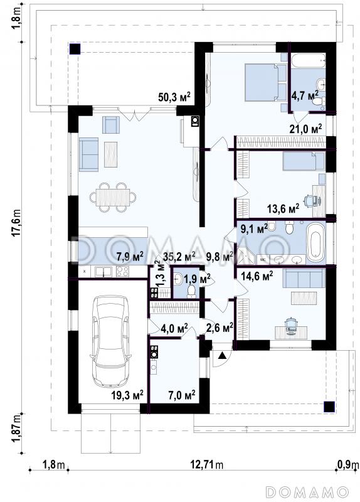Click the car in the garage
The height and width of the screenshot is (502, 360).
coord(110,341)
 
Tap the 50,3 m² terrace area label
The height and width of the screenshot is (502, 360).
coord(174,97)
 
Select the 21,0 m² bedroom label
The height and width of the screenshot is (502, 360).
coord(305,129)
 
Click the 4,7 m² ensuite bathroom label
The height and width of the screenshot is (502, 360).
coord(305,95)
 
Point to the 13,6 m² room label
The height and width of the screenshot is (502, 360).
coord(283,209)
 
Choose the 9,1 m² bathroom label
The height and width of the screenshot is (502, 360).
coord(254,228)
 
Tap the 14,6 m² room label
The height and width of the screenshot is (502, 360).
coord(257,275)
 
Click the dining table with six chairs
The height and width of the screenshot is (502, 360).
coord(113,197)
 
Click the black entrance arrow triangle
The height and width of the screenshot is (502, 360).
coord(223,355)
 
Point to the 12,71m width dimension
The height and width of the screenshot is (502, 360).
coord(207,464)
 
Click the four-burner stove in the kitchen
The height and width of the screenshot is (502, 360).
coord(122,272)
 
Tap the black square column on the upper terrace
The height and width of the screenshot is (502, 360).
coord(75,49)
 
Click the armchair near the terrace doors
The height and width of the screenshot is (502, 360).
coord(111,124)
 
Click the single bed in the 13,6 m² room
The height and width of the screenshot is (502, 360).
coord(304,161)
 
